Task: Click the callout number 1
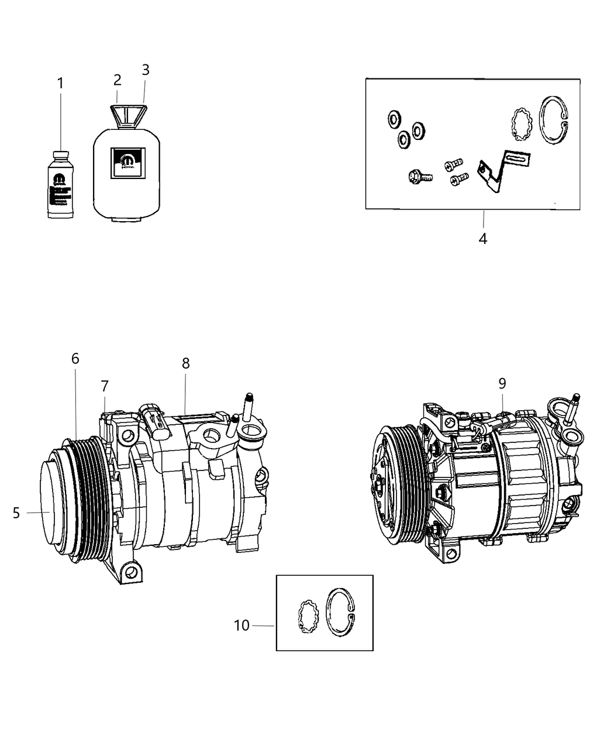coord(60,84)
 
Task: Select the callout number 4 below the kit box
coord(483,239)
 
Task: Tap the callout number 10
coord(242,625)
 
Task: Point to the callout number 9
coord(502,384)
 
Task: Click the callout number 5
coord(16,513)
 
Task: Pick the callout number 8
coord(185,363)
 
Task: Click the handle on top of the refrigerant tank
coord(129,115)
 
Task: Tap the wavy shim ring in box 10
coord(306,617)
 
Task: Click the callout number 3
coord(146,70)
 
